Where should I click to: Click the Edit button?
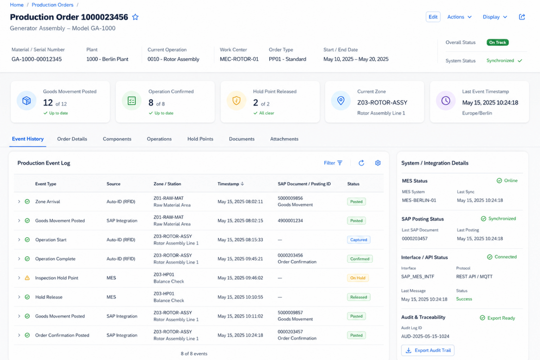pos(433,17)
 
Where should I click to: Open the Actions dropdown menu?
pos(459,17)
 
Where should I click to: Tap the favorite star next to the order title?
pos(135,17)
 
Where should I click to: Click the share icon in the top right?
pos(522,17)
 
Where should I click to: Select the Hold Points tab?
pos(200,139)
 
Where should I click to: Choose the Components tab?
pos(117,139)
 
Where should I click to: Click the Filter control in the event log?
pos(333,163)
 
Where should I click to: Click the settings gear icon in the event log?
pos(378,163)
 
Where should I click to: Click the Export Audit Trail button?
pos(427,351)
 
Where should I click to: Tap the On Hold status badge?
pos(358,278)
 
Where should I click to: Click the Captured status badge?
pos(359,240)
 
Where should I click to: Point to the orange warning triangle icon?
pos(27,278)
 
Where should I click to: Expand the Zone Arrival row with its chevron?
pos(19,201)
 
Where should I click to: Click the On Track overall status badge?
pos(497,43)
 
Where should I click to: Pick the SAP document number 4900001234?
pos(290,221)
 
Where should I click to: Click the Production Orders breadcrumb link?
pos(52,5)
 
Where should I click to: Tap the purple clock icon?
pos(446,101)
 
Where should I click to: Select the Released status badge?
pos(359,297)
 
